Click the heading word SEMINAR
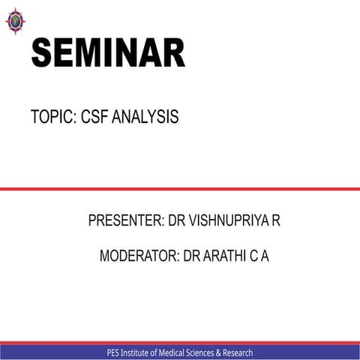[107, 54]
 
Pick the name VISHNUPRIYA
[227, 221]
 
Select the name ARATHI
[225, 256]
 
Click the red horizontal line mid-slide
[180, 189]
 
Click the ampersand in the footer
[229, 352]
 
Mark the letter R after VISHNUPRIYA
[276, 221]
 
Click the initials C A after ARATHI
[259, 256]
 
